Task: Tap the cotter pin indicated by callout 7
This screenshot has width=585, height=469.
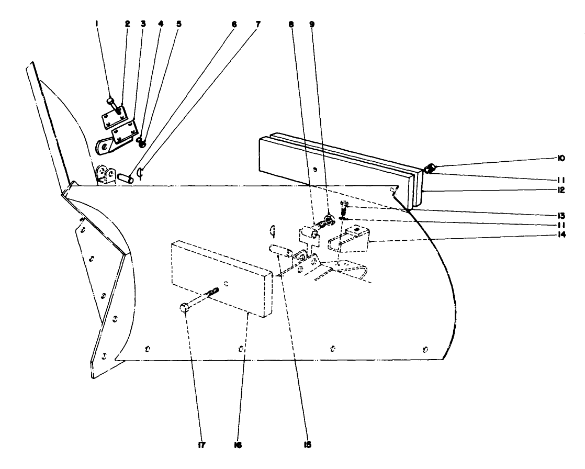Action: pos(139,172)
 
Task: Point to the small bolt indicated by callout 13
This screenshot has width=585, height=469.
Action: pos(344,205)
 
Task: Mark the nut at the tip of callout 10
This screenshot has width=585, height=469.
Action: pos(429,169)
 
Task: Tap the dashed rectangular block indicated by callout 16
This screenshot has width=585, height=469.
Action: pos(222,277)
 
